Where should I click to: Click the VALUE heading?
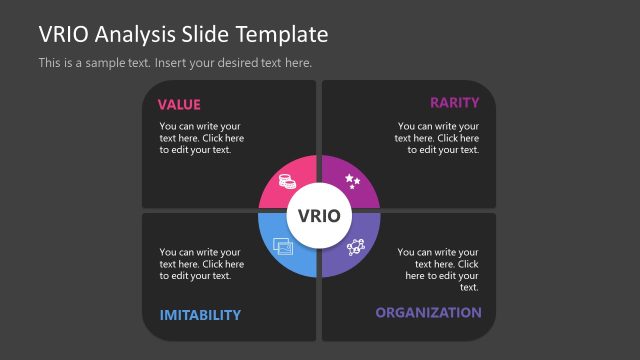click(x=179, y=104)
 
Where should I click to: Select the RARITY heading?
click(x=454, y=102)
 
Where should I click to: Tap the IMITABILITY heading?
click(x=200, y=315)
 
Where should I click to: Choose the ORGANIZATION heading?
click(x=428, y=313)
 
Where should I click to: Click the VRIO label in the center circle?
click(x=319, y=216)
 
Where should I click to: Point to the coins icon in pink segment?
click(x=286, y=183)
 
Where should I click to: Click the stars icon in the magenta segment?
click(x=352, y=181)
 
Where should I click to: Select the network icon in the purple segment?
click(x=354, y=247)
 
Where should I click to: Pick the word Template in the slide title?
click(x=283, y=34)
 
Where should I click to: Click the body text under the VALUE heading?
click(x=201, y=138)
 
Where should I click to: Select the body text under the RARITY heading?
click(x=438, y=138)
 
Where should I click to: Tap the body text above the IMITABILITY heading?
click(x=201, y=264)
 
